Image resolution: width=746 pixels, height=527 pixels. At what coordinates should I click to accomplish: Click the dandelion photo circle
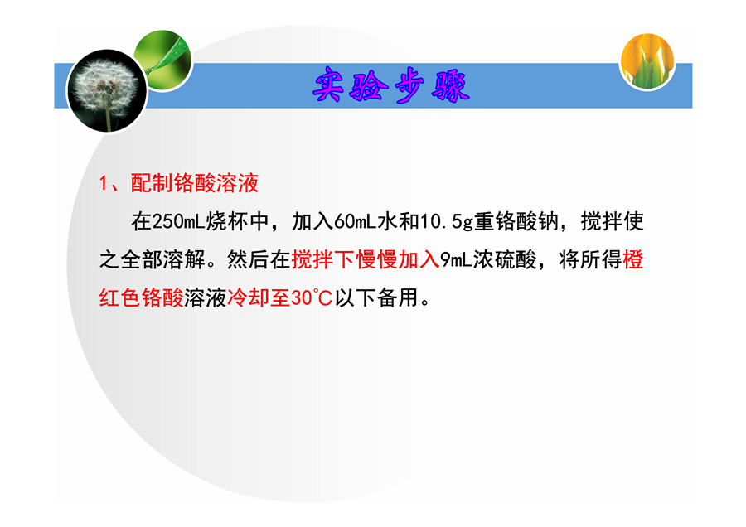coord(107,91)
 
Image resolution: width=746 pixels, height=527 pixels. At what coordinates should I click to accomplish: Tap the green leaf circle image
coord(163,60)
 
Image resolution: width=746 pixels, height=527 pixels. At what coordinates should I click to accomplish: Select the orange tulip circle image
coord(647,60)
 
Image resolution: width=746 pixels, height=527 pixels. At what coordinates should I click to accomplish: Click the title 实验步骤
coord(391,85)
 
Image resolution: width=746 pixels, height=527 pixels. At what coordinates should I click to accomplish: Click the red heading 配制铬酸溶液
coord(195,183)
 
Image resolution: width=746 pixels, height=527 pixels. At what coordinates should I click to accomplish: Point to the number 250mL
coord(178,221)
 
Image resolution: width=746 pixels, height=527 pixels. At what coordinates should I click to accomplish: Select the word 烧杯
coord(226,221)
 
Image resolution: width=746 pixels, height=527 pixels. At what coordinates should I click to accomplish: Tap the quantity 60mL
coord(356,221)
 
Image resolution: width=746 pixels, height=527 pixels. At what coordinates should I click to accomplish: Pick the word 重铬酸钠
coord(516,221)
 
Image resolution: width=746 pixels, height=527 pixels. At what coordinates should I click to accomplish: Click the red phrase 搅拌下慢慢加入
coord(366,259)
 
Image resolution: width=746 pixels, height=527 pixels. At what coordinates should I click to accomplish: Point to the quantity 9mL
coord(456,260)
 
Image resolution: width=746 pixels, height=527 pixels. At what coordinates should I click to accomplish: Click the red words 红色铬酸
coord(141,298)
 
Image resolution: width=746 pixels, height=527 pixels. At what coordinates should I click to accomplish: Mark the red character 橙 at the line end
coord(632,259)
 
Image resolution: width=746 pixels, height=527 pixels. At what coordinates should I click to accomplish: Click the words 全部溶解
coord(162,259)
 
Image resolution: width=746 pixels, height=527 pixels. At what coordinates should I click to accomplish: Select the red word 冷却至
coord(259,298)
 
